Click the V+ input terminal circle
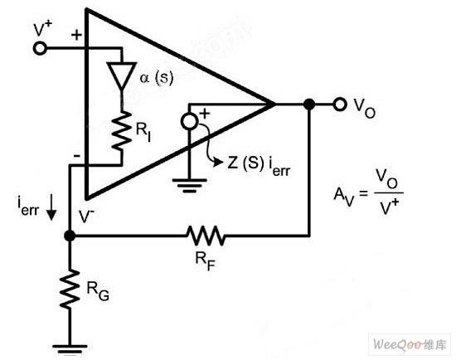[40, 48]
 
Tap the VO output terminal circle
[340, 104]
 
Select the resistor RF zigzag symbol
[206, 235]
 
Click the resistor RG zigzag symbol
[70, 289]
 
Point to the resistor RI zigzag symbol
[122, 131]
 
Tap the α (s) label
[157, 78]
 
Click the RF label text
[206, 261]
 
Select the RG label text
[98, 291]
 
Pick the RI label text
[143, 133]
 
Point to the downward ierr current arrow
[51, 207]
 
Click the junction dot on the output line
[309, 104]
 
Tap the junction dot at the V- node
[70, 236]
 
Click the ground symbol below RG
[70, 349]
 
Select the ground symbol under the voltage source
[189, 185]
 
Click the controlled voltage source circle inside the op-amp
[189, 122]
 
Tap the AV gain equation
[368, 192]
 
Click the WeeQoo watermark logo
[410, 345]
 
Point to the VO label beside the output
[365, 109]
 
